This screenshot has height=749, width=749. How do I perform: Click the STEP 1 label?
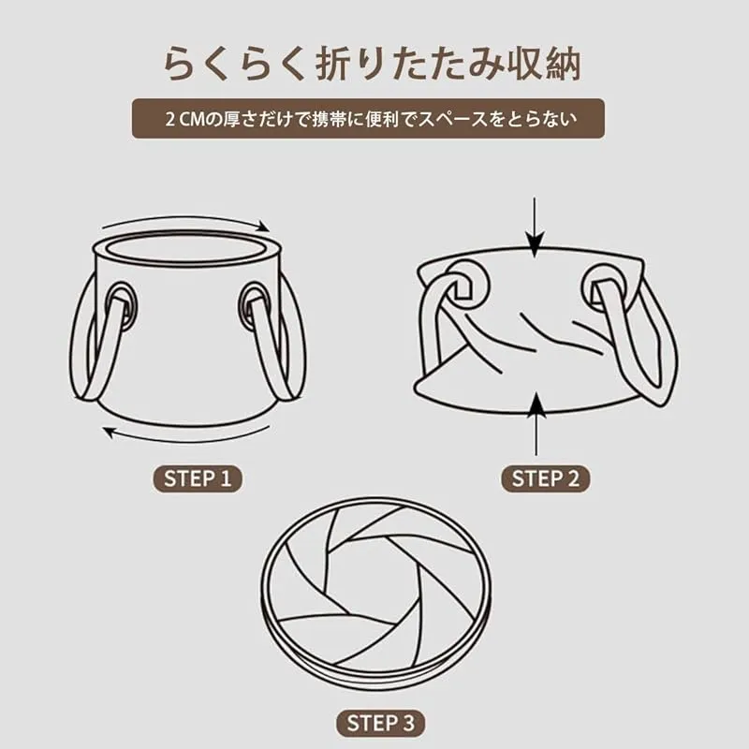(x=198, y=478)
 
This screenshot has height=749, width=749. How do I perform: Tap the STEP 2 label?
(x=545, y=478)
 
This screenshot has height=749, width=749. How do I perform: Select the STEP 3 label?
(x=380, y=723)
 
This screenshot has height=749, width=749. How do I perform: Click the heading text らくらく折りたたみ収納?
(x=372, y=65)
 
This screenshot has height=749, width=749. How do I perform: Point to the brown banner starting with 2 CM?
(x=368, y=119)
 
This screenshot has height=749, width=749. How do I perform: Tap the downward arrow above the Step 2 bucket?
(x=535, y=228)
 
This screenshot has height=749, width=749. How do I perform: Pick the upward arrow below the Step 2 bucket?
(x=536, y=424)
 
